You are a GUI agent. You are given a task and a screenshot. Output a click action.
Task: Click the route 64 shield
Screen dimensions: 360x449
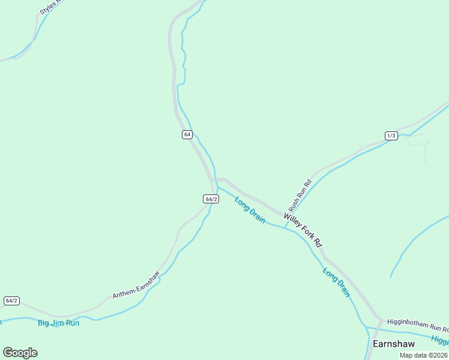[187, 134]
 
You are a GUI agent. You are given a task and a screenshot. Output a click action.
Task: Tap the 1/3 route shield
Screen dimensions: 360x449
[391, 136]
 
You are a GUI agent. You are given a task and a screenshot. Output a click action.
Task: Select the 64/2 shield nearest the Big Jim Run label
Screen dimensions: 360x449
[11, 301]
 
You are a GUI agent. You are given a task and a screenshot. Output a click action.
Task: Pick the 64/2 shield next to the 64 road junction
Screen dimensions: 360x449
[211, 199]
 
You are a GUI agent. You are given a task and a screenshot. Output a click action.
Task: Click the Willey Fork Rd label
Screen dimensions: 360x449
[303, 230]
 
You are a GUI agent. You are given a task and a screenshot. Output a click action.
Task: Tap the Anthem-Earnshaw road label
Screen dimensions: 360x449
[136, 285]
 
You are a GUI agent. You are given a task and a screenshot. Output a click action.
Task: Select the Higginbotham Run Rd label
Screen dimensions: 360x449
[418, 325]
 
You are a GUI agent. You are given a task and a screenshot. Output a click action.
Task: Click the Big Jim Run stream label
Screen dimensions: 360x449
[58, 323]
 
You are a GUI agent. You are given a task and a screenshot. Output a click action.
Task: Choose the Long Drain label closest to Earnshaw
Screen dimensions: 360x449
[336, 282]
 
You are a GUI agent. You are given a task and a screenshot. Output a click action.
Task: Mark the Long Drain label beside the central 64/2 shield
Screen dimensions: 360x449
[250, 209]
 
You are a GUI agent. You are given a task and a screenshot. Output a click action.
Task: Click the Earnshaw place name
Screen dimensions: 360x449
[393, 344]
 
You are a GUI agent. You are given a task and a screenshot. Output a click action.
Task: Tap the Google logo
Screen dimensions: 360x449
[20, 352]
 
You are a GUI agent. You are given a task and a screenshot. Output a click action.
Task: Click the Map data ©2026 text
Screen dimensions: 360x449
[423, 355]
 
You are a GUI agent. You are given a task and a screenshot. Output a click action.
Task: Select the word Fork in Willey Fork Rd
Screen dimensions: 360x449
[306, 233]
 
